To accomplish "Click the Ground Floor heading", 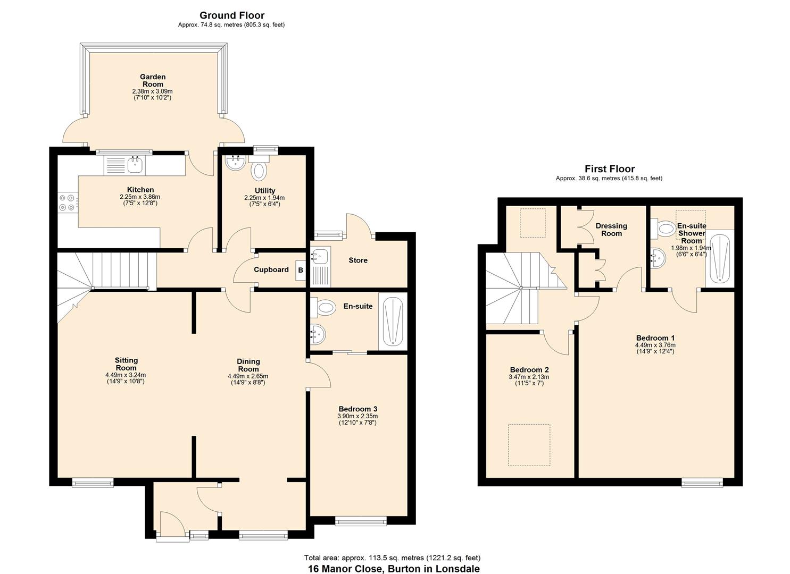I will [231, 15].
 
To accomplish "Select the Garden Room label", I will [153, 80].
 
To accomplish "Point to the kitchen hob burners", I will [67, 202].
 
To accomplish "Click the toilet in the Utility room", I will [259, 171].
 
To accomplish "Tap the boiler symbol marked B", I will [300, 270].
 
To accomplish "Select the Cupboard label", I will [271, 269].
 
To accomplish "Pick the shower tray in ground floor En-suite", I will [393, 321].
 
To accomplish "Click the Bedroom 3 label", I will [357, 409].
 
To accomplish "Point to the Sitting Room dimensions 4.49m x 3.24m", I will [126, 375].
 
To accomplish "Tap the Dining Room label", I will [248, 365].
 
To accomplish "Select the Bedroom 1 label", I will [655, 337].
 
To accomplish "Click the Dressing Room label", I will [611, 229].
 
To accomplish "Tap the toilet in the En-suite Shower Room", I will [666, 229].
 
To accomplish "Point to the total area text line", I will [392, 558].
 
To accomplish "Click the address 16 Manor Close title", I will [394, 569].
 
